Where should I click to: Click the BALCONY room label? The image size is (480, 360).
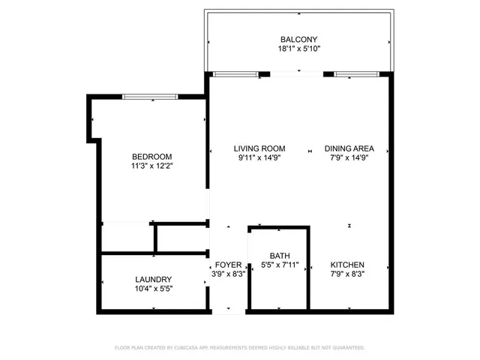[x=299, y=40]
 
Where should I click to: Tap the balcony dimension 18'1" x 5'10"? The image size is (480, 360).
[x=299, y=49]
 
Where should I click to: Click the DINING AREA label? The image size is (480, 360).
[x=349, y=148]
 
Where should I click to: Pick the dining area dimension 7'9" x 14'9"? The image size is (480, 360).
[x=349, y=158]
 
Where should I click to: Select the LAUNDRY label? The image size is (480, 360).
[x=153, y=279]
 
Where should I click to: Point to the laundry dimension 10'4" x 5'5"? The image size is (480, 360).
[x=153, y=289]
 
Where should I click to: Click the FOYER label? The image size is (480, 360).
[x=228, y=265]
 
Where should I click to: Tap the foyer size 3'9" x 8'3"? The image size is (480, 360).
[x=228, y=274]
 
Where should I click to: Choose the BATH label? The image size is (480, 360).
[x=280, y=255]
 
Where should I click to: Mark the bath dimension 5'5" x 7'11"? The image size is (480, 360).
[x=280, y=265]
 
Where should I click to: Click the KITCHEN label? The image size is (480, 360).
[x=348, y=265]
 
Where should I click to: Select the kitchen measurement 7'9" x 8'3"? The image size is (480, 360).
[x=348, y=274]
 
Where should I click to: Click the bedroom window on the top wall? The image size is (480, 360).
[x=150, y=96]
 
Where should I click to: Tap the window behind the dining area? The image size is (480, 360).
[x=357, y=74]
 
